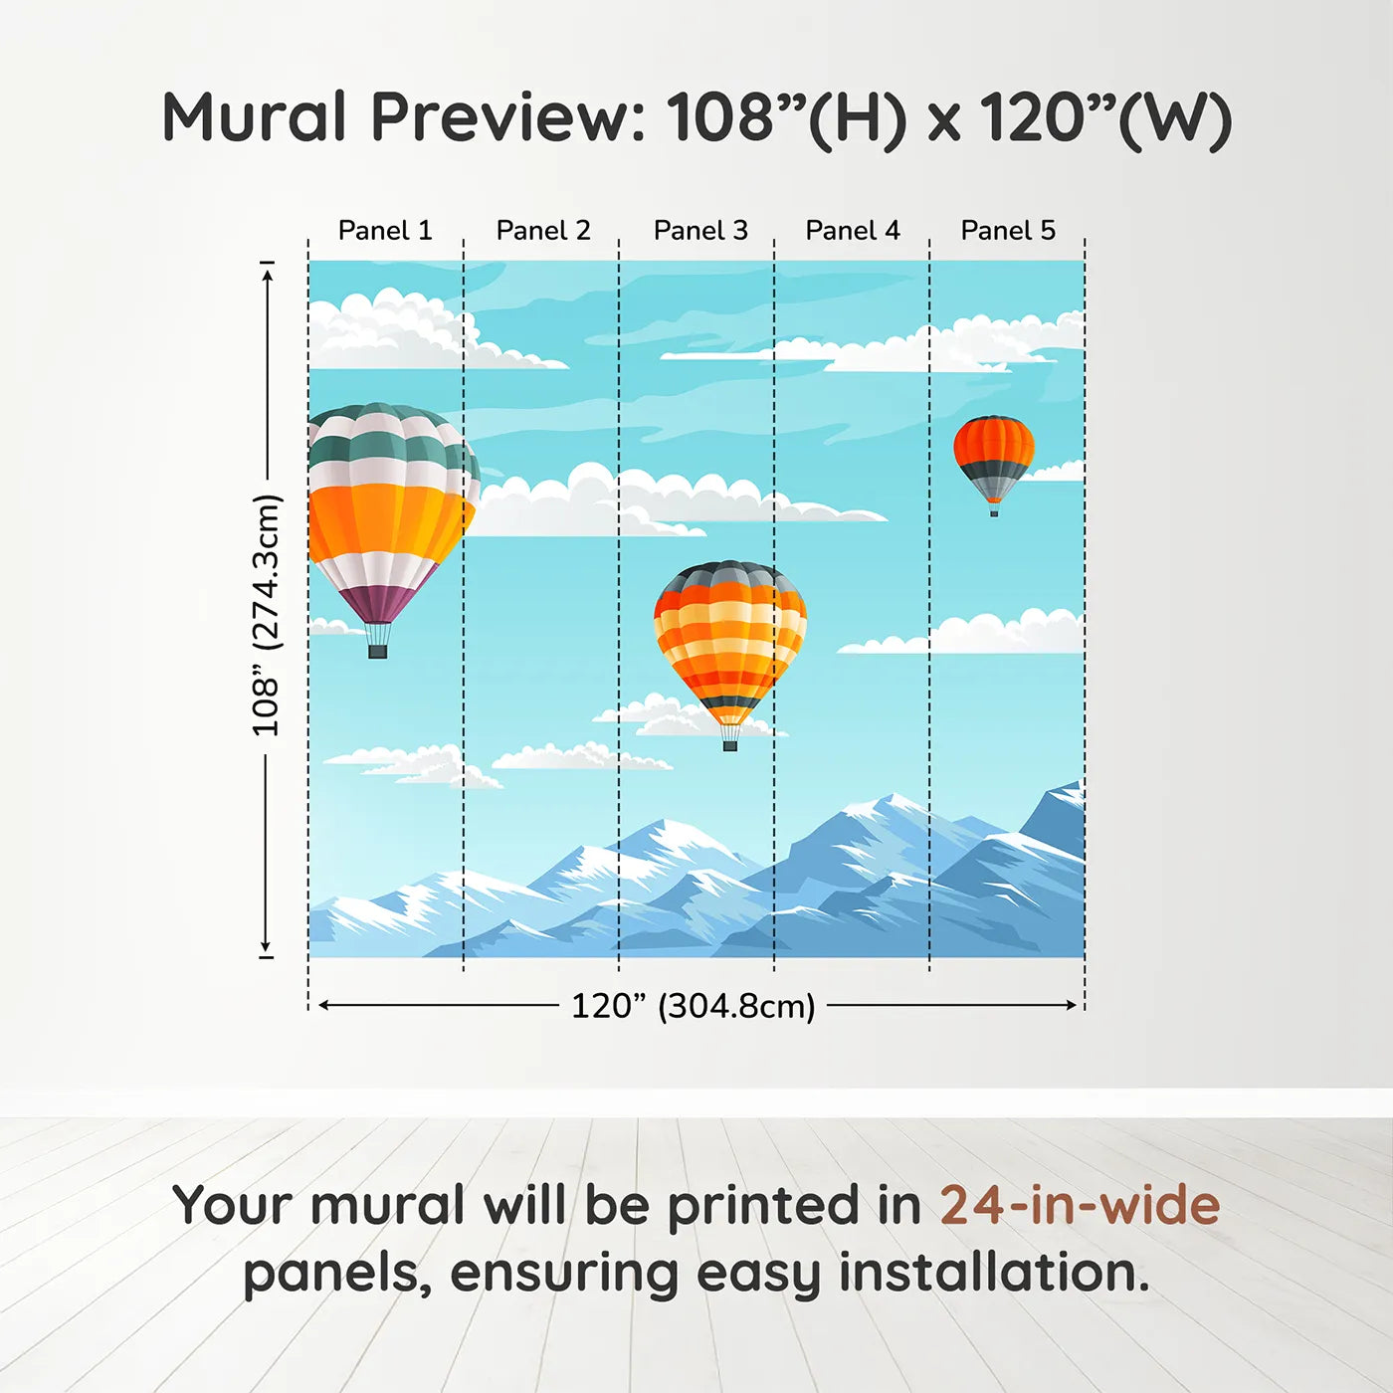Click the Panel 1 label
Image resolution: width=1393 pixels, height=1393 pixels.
coord(385,230)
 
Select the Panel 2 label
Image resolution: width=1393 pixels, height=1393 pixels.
coord(543,230)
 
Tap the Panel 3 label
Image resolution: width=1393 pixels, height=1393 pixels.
coord(700,230)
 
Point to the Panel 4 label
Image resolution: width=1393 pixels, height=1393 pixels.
coord(853,230)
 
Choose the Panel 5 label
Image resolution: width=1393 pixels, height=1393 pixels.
coord(1008,230)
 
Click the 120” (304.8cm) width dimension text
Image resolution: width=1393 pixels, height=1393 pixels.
coord(693,1006)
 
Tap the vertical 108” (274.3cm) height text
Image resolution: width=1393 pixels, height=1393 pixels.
coord(266,615)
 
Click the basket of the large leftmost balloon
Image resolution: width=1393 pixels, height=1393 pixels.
coord(377,651)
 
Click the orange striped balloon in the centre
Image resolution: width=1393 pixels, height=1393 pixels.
coord(729,637)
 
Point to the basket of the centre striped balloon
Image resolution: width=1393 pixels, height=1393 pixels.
coord(729,744)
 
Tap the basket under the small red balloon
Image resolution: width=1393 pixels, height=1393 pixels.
coord(993,512)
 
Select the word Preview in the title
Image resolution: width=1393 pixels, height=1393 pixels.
coord(507,117)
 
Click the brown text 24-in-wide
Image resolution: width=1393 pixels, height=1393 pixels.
coord(1080,1205)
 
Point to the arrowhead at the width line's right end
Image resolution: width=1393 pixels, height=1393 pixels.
coord(1072,1005)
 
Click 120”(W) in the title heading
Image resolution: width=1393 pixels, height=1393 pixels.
coord(1105,117)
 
